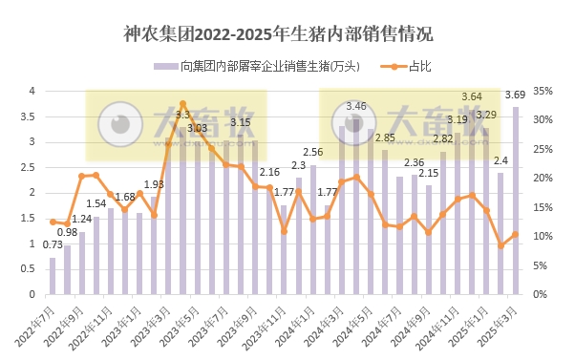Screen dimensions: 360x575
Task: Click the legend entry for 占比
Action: [417, 66]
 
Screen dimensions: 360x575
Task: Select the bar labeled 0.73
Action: [53, 276]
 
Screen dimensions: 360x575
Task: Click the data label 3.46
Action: [356, 106]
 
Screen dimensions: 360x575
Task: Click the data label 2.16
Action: [269, 172]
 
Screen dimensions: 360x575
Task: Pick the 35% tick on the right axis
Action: [543, 91]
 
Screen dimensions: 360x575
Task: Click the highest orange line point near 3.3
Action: [182, 103]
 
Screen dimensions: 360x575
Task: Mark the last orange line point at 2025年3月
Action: [516, 234]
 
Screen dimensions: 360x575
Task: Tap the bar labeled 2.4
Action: [500, 234]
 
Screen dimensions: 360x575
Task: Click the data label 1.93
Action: [154, 184]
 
